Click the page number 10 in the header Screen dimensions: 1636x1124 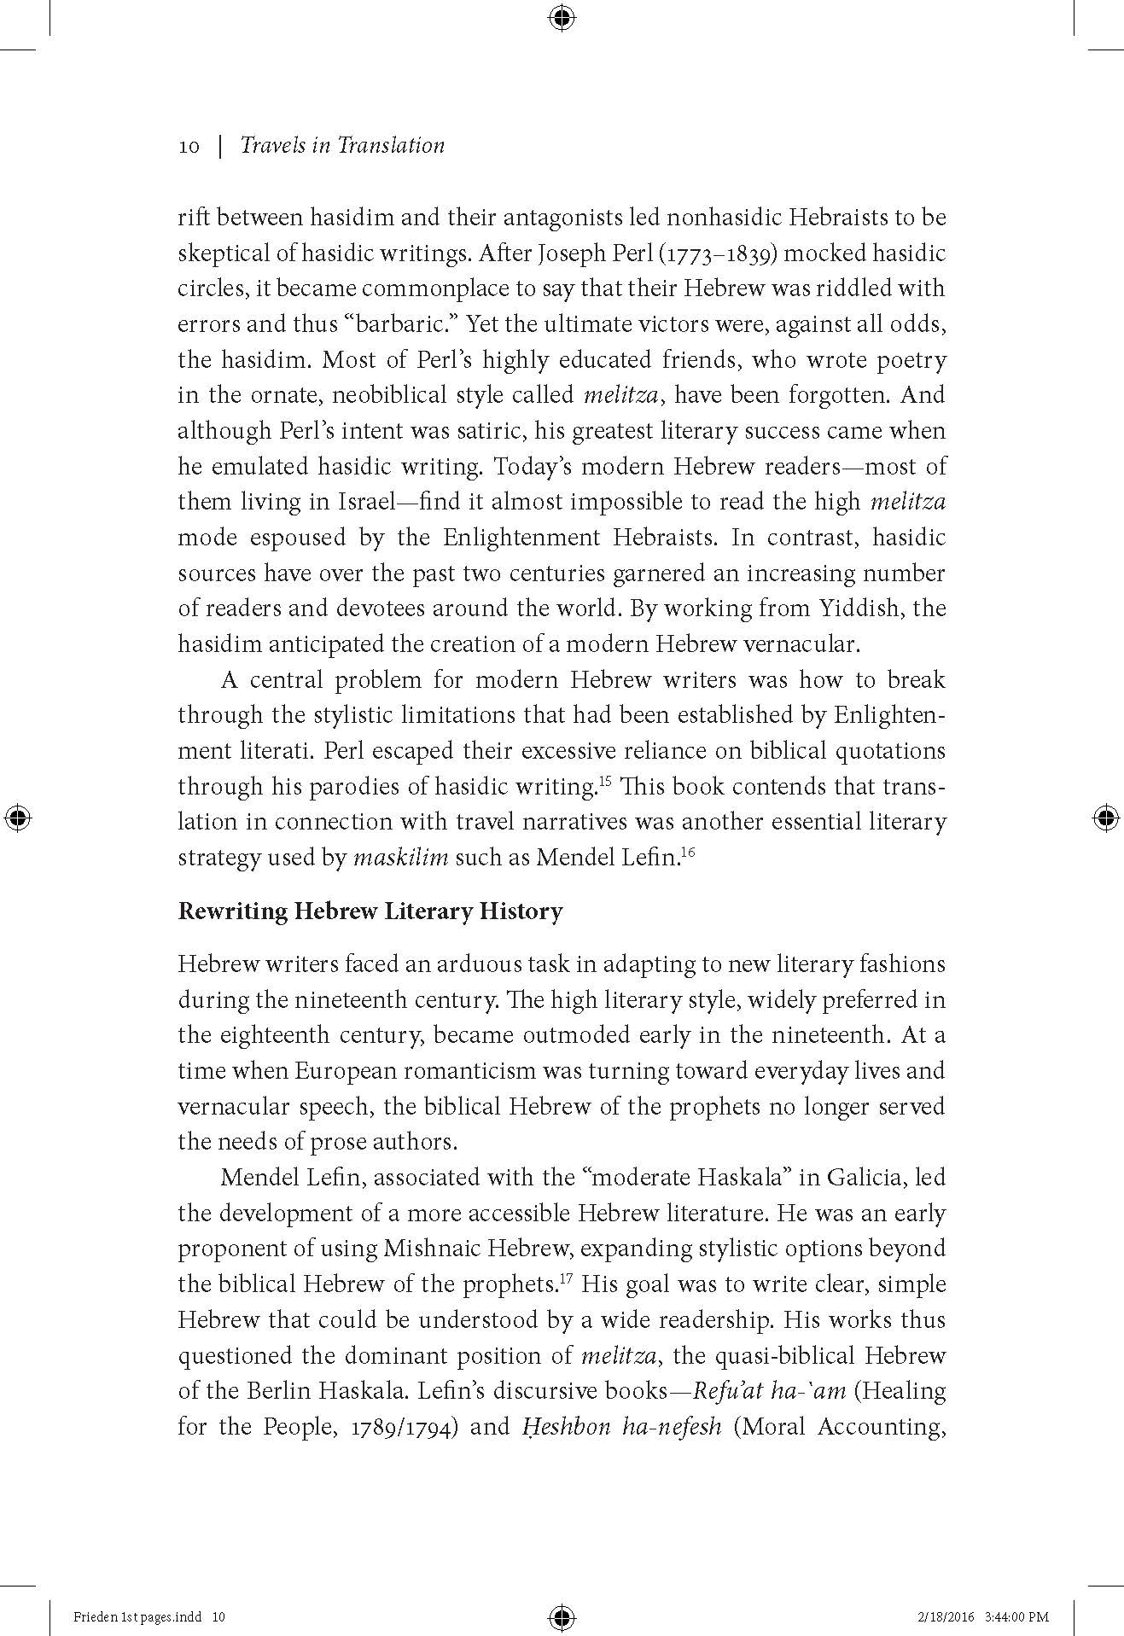pyautogui.click(x=189, y=147)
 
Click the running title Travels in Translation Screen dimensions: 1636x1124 pyautogui.click(x=342, y=145)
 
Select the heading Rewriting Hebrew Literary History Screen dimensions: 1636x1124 pyautogui.click(x=370, y=911)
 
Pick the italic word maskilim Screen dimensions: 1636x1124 pyautogui.click(x=400, y=858)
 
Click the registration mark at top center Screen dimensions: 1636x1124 pyautogui.click(x=562, y=18)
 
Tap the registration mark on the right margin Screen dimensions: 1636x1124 pyautogui.click(x=1105, y=818)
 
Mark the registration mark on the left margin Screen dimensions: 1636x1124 pyautogui.click(x=18, y=818)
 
